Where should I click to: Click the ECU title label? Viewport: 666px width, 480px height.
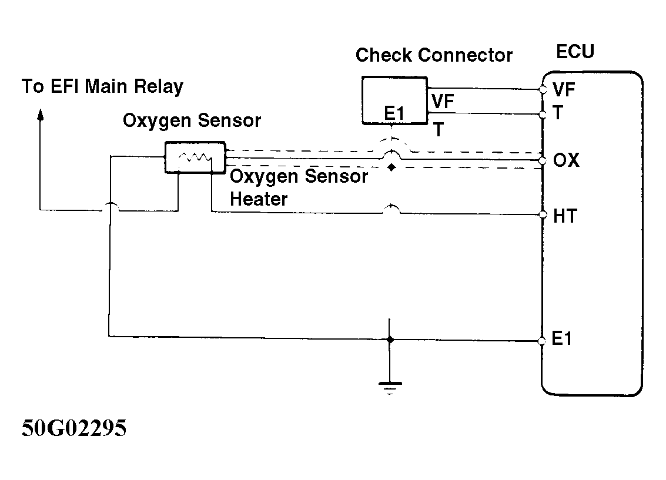click(575, 52)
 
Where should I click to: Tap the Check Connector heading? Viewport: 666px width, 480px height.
click(434, 56)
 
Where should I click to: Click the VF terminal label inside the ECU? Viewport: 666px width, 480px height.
click(564, 90)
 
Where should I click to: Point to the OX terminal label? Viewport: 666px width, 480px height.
click(566, 160)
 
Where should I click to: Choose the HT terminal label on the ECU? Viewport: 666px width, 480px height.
click(565, 216)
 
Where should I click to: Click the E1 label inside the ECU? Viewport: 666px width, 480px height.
click(563, 340)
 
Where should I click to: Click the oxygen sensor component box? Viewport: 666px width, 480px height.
click(195, 157)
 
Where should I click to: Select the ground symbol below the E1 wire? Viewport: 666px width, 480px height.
click(389, 386)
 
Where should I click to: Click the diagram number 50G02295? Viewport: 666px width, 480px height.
click(75, 428)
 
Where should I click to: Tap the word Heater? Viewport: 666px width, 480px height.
click(259, 199)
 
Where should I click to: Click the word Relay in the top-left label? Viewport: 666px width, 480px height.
click(159, 87)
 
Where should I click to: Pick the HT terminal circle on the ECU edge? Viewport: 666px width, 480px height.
click(543, 215)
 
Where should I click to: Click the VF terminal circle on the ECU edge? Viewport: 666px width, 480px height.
click(543, 90)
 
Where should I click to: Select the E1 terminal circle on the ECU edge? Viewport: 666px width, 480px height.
click(543, 341)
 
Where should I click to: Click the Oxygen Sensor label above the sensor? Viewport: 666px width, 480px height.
click(192, 121)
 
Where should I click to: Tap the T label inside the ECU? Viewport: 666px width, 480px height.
click(558, 113)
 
